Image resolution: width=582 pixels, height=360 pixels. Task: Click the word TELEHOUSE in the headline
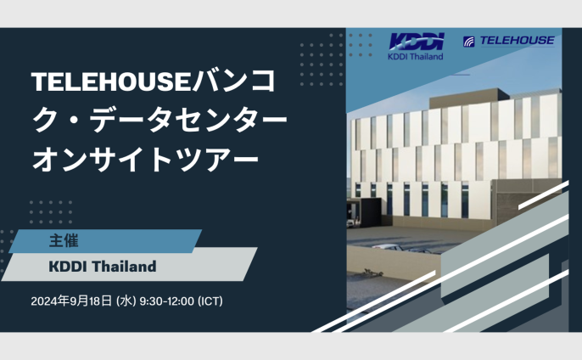[x=111, y=82]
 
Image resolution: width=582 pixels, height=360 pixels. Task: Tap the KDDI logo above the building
[x=417, y=42]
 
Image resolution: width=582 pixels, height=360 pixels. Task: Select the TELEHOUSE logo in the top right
[x=509, y=41]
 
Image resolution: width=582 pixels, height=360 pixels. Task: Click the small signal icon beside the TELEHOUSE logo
[x=469, y=42]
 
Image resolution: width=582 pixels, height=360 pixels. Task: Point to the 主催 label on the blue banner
[x=64, y=241]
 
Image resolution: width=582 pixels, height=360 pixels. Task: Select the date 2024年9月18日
[x=71, y=301]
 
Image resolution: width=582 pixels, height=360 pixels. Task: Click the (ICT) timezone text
[x=210, y=301]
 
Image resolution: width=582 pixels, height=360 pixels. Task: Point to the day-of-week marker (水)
[x=126, y=301]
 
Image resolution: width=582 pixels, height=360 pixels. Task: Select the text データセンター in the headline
[x=188, y=120]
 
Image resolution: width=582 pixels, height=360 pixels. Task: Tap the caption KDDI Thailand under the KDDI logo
[x=416, y=57]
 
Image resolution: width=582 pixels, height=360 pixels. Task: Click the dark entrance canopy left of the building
[x=364, y=212]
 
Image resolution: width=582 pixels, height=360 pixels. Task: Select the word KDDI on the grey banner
[x=68, y=267]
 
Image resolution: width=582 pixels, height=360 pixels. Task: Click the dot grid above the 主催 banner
[x=51, y=212]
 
